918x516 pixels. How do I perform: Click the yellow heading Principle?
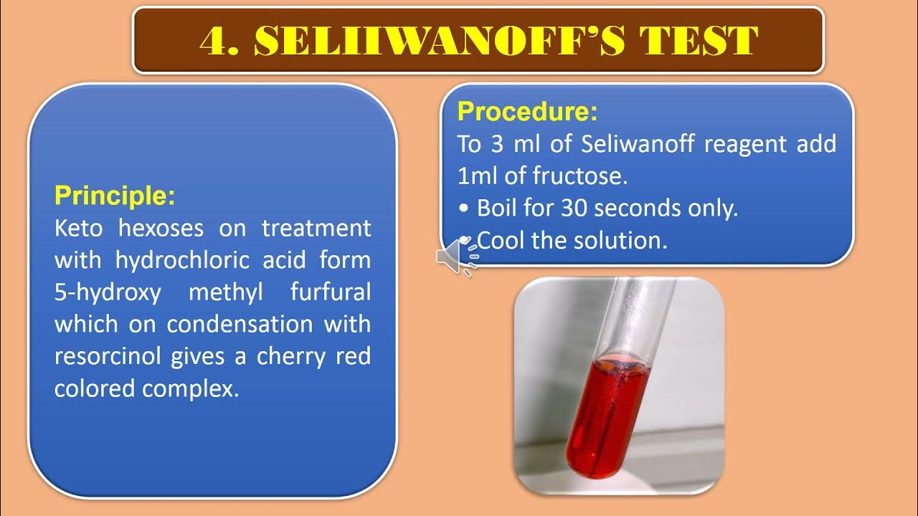[115, 196]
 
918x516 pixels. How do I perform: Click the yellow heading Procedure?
[527, 112]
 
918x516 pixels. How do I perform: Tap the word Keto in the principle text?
[78, 229]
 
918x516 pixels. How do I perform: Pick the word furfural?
[331, 292]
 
